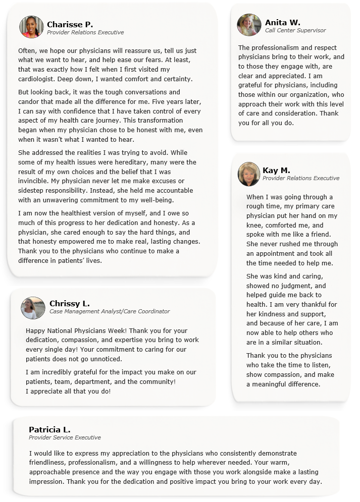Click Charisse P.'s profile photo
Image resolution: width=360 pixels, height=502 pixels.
click(31, 27)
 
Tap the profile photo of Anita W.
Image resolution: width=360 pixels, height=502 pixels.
click(249, 25)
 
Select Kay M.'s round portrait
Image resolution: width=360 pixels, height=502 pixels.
click(249, 174)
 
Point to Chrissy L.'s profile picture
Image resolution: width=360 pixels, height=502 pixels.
click(33, 308)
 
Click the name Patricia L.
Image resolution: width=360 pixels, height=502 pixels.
click(49, 429)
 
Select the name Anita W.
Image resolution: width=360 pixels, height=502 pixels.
click(282, 22)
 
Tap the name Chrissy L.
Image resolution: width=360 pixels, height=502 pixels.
click(70, 303)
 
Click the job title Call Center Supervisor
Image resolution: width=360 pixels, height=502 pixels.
click(295, 31)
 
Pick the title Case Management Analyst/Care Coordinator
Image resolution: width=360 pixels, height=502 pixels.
click(110, 312)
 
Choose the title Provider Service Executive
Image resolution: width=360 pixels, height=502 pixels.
click(65, 437)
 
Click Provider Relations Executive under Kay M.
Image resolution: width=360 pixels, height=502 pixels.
click(301, 178)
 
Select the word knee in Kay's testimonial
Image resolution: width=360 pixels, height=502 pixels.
click(254, 225)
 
